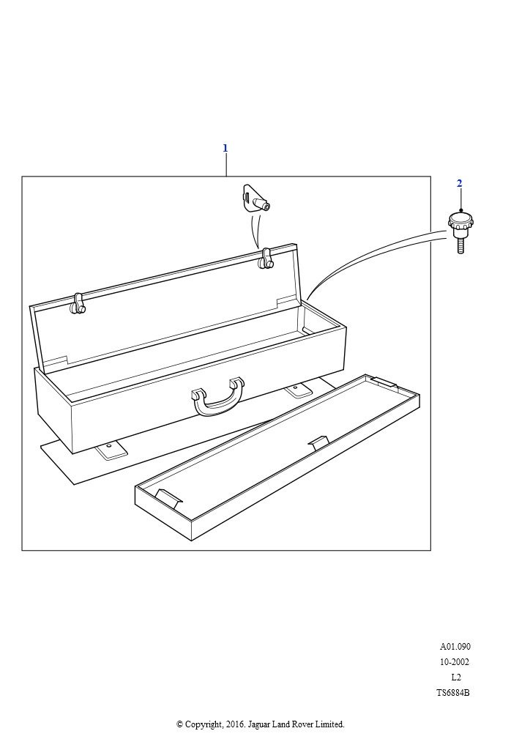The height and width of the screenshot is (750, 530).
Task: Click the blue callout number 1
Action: [225, 148]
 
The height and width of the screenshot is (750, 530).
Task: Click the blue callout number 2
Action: [459, 183]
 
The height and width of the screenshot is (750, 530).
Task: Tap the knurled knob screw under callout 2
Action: [460, 232]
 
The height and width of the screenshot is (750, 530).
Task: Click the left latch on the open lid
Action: [78, 304]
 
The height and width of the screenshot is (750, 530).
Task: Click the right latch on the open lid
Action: [265, 259]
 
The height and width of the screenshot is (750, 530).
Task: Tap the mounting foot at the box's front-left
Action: [111, 450]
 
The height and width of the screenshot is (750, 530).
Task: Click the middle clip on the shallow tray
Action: [318, 442]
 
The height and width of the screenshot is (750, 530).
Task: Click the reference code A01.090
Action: [455, 646]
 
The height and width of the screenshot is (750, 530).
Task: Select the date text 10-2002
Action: [455, 662]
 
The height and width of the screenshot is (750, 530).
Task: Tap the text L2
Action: [456, 677]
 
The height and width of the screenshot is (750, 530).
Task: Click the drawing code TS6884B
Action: [453, 693]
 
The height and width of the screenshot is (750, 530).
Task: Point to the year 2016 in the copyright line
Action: [234, 724]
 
